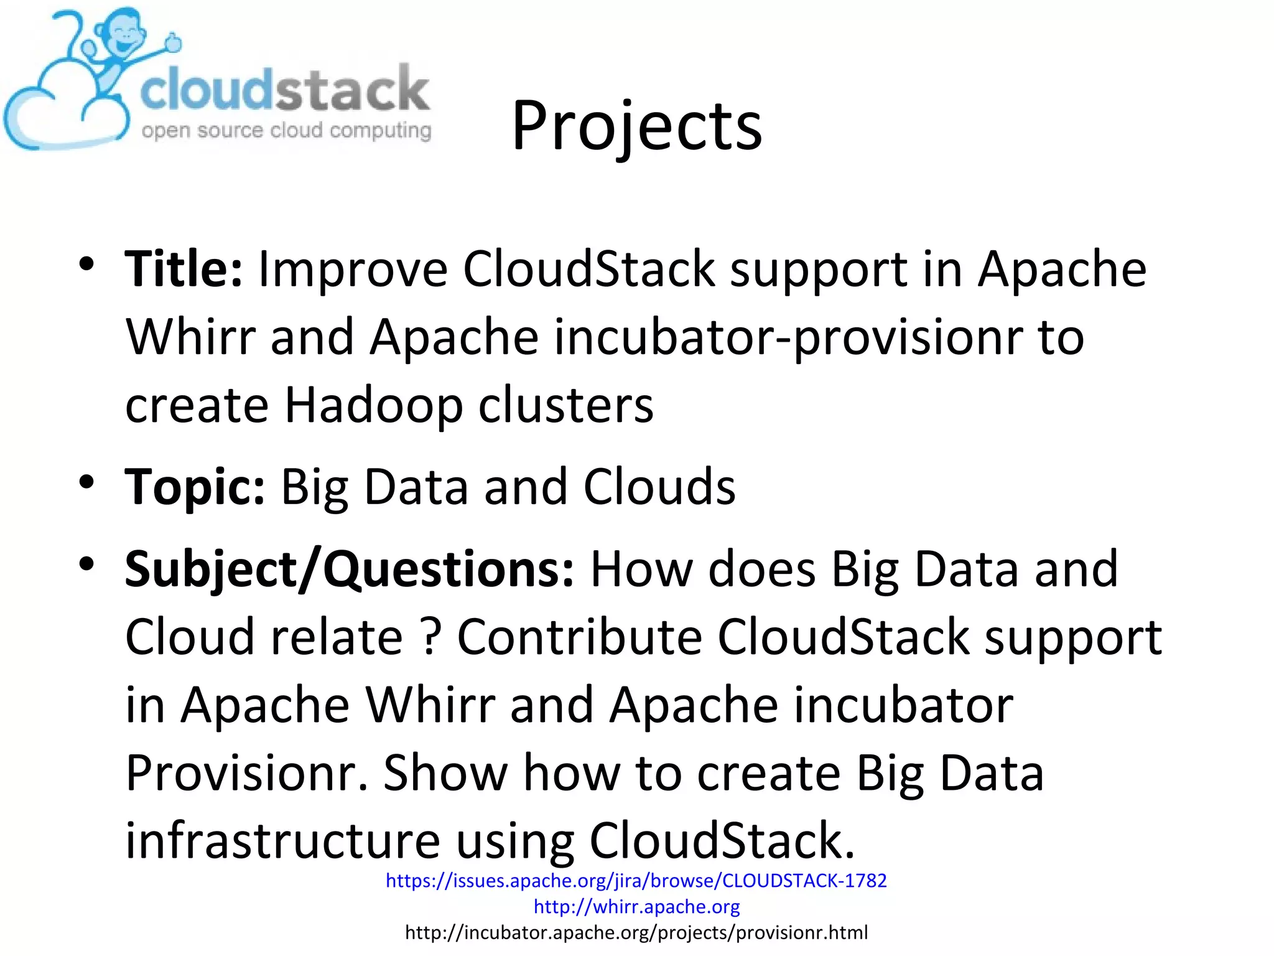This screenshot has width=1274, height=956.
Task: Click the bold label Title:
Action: coord(184,269)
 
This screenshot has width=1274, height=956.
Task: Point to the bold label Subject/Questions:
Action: coord(349,569)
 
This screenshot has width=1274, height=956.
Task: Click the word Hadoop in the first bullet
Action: coord(373,406)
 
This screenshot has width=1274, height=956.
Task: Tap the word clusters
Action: coord(565,406)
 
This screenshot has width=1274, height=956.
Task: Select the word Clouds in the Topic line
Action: coord(659,487)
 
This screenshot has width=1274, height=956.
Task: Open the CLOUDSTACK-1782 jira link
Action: coord(636,881)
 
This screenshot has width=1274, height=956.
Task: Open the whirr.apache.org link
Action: coord(636,907)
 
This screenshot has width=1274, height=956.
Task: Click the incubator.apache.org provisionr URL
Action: coord(636,932)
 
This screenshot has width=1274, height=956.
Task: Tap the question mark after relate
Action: coord(430,637)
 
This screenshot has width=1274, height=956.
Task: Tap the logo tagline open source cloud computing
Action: coord(286,131)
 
